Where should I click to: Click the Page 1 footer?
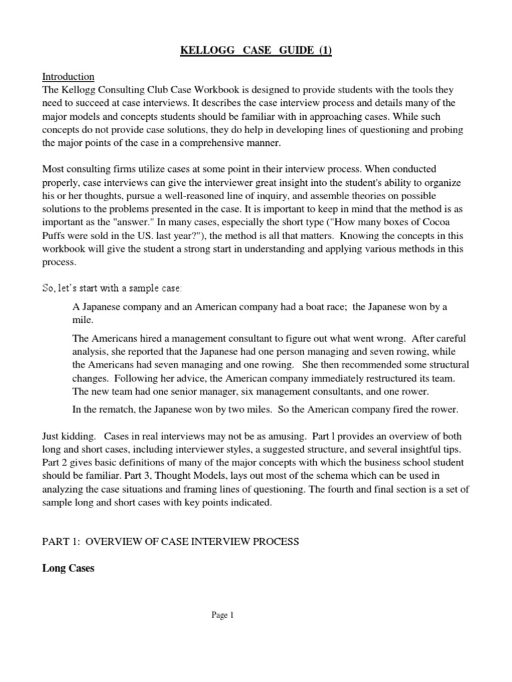coord(223,616)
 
